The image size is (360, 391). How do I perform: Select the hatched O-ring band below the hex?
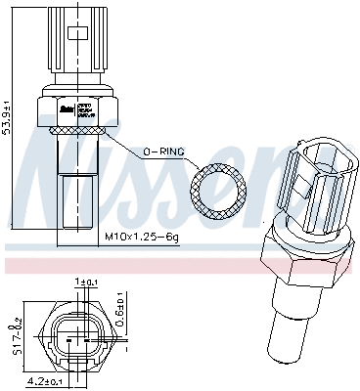coord(76,128)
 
